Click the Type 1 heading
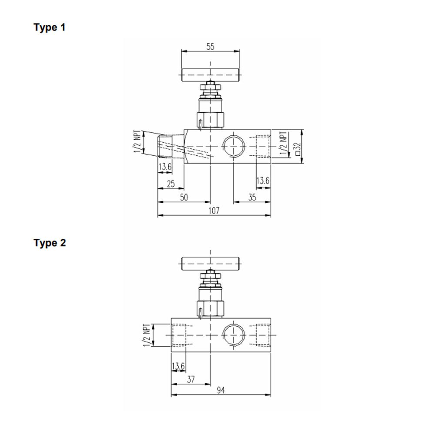coord(50,28)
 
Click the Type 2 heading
coord(50,243)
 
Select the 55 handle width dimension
coord(210,47)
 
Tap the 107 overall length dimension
coord(213,211)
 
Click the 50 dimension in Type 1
coord(184,197)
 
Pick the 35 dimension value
coord(252,197)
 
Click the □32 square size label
coord(298,148)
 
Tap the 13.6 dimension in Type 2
coord(178,366)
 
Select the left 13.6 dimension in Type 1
coord(165,167)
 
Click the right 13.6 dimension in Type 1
coord(263,180)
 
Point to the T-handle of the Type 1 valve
coord(211,76)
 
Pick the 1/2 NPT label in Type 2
coord(146,335)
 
